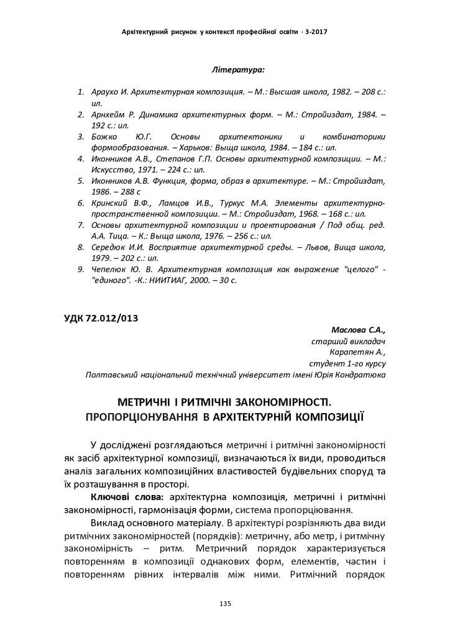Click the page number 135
(x=225, y=603)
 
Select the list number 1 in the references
(x=80, y=92)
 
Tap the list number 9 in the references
(x=80, y=270)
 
